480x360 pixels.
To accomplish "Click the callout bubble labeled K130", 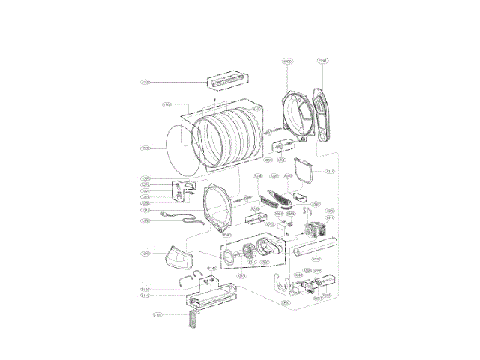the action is (x=146, y=148).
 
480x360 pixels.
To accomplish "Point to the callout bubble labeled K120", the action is (x=146, y=82).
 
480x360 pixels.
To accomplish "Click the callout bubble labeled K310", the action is (x=329, y=172).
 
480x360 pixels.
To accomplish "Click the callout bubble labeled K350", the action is (x=146, y=220).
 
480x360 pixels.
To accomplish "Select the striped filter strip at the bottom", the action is (x=194, y=319).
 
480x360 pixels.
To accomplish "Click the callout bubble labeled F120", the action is (x=157, y=314).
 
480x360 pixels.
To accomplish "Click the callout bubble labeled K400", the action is (x=287, y=61).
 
